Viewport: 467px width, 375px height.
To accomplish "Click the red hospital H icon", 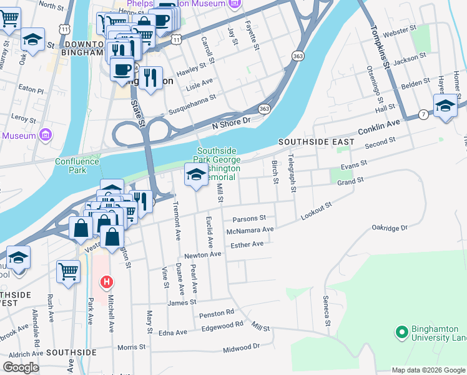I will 107,282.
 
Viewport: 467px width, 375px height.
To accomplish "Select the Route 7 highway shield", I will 423,114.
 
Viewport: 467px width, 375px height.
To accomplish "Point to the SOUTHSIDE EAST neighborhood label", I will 317,142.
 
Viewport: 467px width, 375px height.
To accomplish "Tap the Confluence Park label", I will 77,166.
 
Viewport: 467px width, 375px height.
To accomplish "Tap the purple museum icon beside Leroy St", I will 44,135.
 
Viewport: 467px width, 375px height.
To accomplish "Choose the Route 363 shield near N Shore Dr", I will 265,108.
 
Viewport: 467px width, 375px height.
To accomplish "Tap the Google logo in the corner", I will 21,367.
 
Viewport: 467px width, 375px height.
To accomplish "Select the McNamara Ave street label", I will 250,230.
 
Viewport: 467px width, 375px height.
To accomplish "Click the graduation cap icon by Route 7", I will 445,106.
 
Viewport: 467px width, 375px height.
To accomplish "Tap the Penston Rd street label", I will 217,312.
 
